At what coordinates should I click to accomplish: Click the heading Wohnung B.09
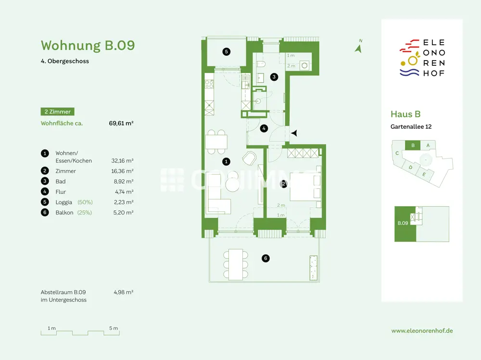(x=88, y=45)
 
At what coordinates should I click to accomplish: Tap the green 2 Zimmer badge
(x=57, y=112)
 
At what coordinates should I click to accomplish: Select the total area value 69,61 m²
(x=121, y=123)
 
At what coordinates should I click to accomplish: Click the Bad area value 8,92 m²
(x=122, y=181)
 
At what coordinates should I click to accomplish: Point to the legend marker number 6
(x=45, y=212)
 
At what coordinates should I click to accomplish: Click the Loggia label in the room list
(x=64, y=202)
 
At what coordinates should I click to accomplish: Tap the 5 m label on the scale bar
(x=114, y=328)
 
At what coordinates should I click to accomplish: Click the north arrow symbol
(x=358, y=47)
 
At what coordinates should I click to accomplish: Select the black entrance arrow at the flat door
(x=294, y=133)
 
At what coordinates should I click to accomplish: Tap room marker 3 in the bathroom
(x=274, y=76)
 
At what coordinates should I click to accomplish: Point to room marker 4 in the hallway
(x=264, y=128)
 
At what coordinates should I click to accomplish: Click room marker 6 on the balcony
(x=265, y=259)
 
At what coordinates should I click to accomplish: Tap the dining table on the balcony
(x=236, y=264)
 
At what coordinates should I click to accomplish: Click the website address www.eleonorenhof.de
(x=422, y=331)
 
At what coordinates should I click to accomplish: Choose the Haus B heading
(x=405, y=114)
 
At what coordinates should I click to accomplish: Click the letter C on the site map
(x=397, y=153)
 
